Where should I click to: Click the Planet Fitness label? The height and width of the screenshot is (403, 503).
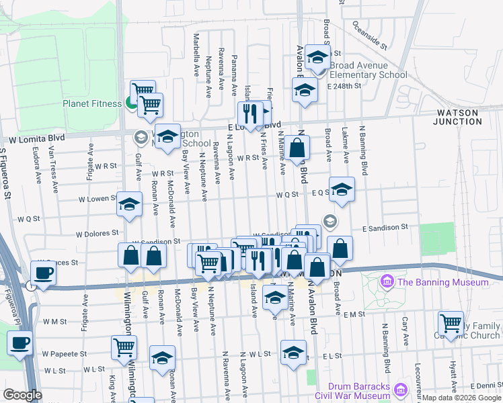coord(93,103)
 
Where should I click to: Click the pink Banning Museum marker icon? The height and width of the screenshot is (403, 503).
coord(387,281)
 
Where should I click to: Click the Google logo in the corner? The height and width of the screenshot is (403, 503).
coord(22,395)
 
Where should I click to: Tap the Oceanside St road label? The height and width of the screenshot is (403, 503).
coord(369,36)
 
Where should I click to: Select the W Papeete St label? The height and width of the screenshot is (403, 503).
coord(65,353)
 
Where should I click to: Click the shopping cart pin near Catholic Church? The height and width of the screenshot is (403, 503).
coord(450,324)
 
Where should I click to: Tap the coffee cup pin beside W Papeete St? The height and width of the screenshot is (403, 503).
coord(20,344)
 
